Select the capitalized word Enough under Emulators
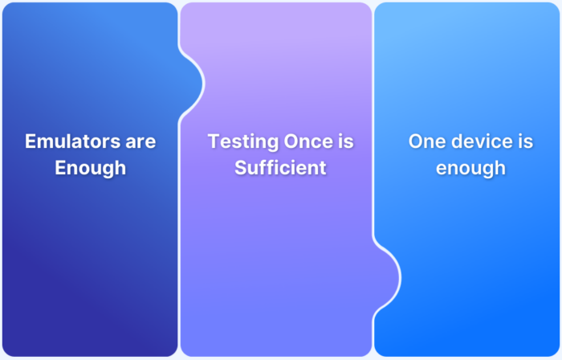[x=90, y=168]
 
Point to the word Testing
[x=242, y=141]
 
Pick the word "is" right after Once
[x=345, y=141]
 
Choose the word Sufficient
[x=280, y=168]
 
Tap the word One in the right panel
[x=426, y=141]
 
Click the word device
[x=481, y=141]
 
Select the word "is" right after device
[x=526, y=141]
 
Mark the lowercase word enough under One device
[x=470, y=168]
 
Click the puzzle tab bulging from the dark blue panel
[x=193, y=81]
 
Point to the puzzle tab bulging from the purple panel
[x=389, y=276]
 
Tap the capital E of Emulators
[x=31, y=141]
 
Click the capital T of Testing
[x=214, y=141]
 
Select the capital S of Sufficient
[x=240, y=168]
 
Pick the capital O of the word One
[x=417, y=141]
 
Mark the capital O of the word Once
[x=291, y=141]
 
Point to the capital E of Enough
[x=60, y=168]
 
